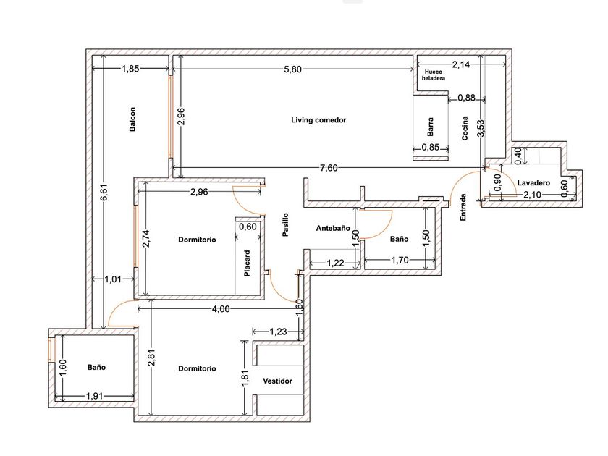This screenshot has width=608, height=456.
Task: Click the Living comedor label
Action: (318, 120)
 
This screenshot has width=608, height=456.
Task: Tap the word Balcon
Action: (132, 119)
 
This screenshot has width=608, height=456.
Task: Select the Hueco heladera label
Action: (433, 75)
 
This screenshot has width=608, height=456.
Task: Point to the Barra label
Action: (431, 127)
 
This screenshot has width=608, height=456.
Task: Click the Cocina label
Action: (465, 128)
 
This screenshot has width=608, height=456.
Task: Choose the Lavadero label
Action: (533, 182)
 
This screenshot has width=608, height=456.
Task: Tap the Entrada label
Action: (463, 208)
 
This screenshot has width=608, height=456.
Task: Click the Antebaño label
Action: (333, 229)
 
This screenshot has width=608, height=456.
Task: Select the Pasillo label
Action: (285, 224)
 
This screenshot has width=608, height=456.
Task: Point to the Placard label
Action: (247, 263)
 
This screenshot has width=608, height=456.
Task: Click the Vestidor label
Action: (278, 381)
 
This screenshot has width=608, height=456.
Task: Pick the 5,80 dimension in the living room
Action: (292, 69)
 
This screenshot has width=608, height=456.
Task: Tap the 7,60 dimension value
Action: (329, 168)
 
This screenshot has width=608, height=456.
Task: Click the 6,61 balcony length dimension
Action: (104, 193)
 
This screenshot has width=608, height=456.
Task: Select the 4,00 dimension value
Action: (221, 309)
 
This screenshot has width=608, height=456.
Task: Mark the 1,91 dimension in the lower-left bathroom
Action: (94, 397)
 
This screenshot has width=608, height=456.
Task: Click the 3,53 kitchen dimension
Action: (481, 128)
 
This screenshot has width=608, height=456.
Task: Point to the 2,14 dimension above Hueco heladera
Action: (461, 64)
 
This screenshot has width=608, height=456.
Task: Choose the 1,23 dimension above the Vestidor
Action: (278, 332)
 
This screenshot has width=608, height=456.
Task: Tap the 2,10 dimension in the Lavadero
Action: (532, 195)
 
